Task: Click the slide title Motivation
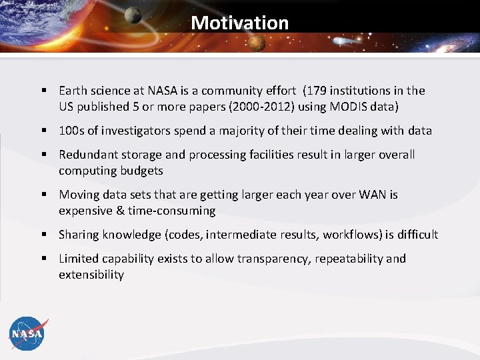239,23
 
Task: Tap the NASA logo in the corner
27,333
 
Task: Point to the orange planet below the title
257,43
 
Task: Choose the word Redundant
87,155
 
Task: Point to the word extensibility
91,275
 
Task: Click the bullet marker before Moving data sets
43,195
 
